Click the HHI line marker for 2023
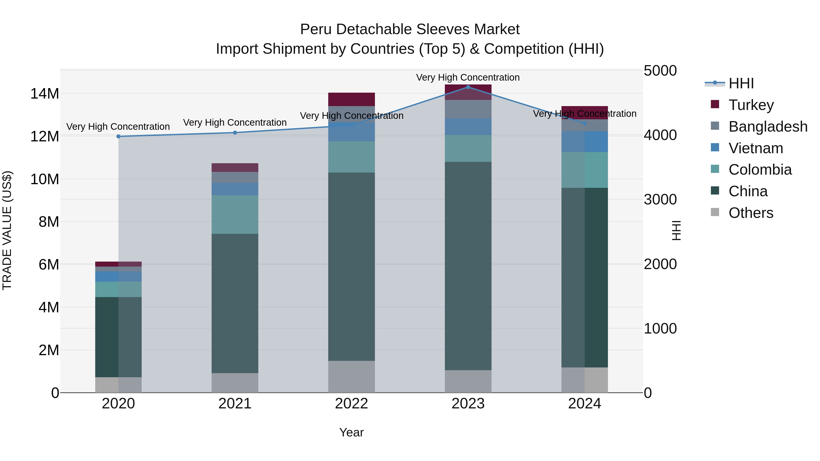(x=468, y=87)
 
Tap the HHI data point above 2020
(x=118, y=137)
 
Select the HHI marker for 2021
(x=235, y=133)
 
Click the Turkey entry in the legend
(x=751, y=105)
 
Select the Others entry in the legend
(x=751, y=213)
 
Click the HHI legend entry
(x=741, y=83)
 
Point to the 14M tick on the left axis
(x=45, y=94)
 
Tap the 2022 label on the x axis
(x=351, y=404)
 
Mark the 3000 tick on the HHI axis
(x=660, y=200)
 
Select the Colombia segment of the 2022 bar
(x=351, y=157)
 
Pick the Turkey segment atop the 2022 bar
(x=351, y=99)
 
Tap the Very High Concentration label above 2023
(x=468, y=77)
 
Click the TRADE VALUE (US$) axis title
(x=7, y=230)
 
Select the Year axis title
(x=351, y=432)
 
